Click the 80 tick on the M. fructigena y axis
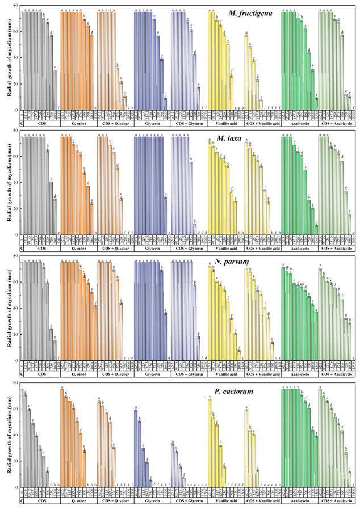point(16,5)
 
